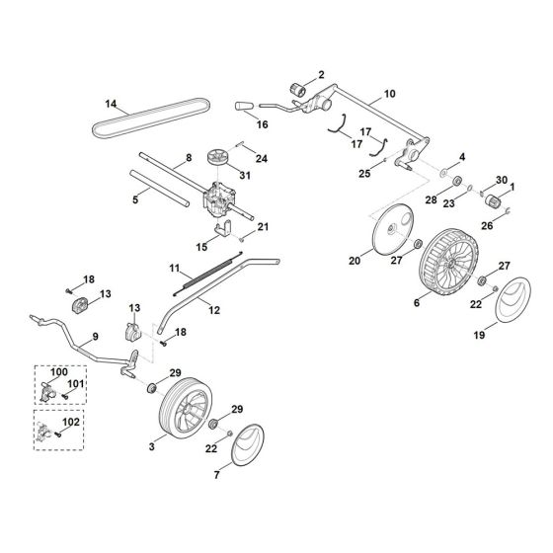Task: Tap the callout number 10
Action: (388, 94)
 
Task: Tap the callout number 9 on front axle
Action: (95, 338)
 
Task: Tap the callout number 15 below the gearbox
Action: (201, 246)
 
